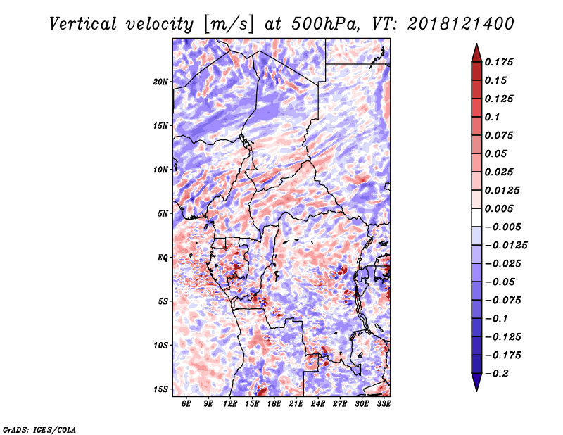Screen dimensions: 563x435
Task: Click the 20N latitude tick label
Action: (x=160, y=82)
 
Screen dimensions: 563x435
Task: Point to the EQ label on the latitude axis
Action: (x=163, y=258)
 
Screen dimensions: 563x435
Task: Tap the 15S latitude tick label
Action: (x=160, y=389)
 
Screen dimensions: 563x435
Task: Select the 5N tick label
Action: (x=163, y=214)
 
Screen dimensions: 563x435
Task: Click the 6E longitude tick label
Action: (x=186, y=403)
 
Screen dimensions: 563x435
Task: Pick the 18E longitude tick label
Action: (x=274, y=403)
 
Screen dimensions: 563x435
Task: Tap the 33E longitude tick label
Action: (x=384, y=403)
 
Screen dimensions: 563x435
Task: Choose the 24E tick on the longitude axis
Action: (x=318, y=403)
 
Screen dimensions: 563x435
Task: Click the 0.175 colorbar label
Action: (x=499, y=62)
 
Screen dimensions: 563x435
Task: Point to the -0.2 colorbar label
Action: (x=497, y=374)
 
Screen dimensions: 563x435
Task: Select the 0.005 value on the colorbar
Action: (x=499, y=208)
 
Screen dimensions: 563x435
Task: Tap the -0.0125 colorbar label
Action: (x=506, y=246)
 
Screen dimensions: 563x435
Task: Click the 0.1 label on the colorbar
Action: (x=492, y=117)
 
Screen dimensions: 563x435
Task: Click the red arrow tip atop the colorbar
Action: (x=476, y=44)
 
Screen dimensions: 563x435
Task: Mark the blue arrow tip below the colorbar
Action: (x=476, y=391)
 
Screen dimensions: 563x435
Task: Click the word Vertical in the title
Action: (x=83, y=24)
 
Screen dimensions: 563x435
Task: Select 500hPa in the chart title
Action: (x=325, y=24)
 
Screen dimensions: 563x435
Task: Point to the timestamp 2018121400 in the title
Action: (x=461, y=24)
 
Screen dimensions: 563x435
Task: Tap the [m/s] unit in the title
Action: (x=229, y=25)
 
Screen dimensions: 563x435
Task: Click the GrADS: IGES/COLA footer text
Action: (x=39, y=429)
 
